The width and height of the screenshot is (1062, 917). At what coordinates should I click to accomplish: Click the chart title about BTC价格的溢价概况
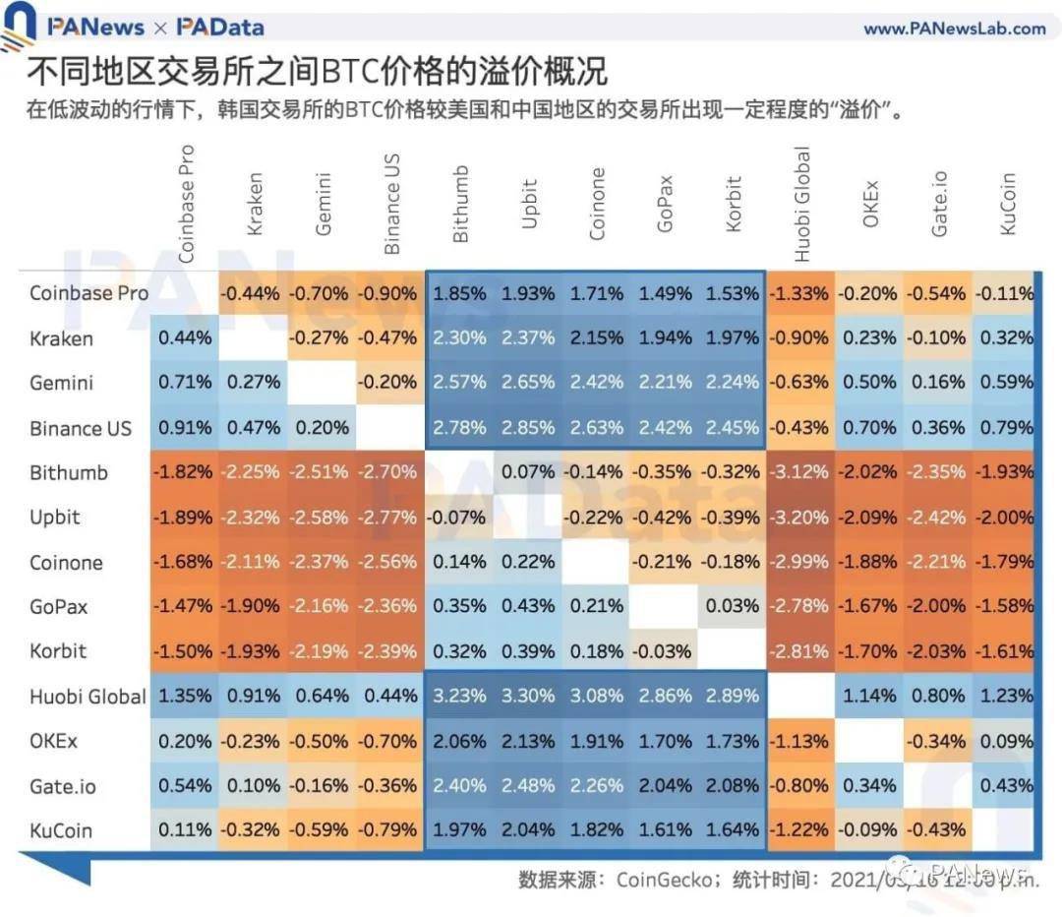pyautogui.click(x=317, y=72)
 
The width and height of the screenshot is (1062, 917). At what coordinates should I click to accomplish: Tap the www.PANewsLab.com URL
pyautogui.click(x=954, y=29)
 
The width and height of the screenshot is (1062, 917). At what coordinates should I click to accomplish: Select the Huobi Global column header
pyautogui.click(x=801, y=204)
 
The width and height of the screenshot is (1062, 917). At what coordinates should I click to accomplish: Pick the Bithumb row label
pyautogui.click(x=69, y=472)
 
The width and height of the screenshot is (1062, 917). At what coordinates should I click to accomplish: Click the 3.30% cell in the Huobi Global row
pyautogui.click(x=528, y=696)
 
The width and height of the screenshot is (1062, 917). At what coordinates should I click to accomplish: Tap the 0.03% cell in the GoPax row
pyautogui.click(x=732, y=606)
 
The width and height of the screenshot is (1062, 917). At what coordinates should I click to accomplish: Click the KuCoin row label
pyautogui.click(x=61, y=830)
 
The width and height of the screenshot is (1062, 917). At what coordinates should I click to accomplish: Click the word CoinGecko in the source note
pyautogui.click(x=660, y=879)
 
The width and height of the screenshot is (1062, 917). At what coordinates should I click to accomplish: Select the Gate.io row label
pyautogui.click(x=63, y=786)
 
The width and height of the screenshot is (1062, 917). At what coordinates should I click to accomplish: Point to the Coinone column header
pyautogui.click(x=597, y=204)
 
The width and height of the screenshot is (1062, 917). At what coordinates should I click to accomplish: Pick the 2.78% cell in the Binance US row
pyautogui.click(x=459, y=428)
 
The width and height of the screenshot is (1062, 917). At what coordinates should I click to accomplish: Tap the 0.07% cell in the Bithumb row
pyautogui.click(x=528, y=472)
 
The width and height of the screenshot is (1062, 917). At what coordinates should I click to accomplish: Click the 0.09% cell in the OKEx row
pyautogui.click(x=1005, y=741)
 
